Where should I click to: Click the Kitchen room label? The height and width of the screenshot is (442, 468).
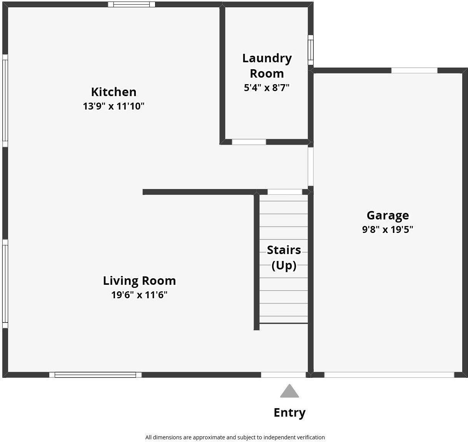click(114, 92)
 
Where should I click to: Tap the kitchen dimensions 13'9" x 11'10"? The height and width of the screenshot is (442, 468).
click(114, 106)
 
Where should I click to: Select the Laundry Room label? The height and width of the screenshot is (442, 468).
click(267, 66)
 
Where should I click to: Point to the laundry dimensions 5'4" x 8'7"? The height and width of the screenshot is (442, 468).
click(267, 88)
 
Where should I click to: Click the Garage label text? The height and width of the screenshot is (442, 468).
click(388, 215)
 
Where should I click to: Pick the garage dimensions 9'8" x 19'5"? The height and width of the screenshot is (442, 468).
click(388, 229)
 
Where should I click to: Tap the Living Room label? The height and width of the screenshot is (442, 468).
click(139, 281)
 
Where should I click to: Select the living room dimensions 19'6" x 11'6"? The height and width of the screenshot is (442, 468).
click(139, 295)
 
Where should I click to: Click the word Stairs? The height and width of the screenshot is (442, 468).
click(284, 250)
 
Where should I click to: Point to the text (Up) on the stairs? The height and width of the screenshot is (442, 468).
click(284, 266)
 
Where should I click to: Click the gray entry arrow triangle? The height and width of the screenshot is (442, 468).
click(289, 392)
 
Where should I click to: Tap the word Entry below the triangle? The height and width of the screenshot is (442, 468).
click(289, 412)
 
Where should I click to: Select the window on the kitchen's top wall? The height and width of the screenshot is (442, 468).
click(131, 5)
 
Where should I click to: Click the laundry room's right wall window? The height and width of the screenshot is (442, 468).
click(311, 50)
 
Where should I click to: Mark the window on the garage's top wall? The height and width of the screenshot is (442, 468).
click(414, 70)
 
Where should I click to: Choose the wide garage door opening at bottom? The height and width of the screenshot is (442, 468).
click(389, 375)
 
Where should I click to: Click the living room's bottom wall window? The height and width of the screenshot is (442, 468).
click(95, 375)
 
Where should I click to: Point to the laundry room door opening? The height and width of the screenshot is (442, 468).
click(249, 142)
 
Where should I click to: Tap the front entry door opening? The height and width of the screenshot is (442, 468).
click(283, 375)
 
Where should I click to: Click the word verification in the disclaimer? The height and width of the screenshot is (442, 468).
click(309, 437)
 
